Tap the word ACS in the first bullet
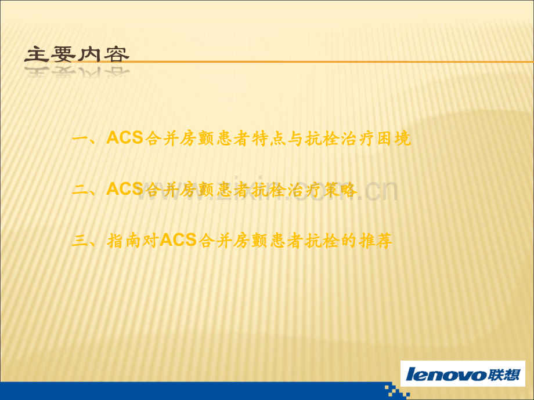pyautogui.click(x=125, y=139)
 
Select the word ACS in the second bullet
pyautogui.click(x=125, y=189)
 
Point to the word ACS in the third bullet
pyautogui.click(x=178, y=240)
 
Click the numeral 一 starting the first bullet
pyautogui.click(x=80, y=139)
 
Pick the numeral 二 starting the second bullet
pyautogui.click(x=80, y=190)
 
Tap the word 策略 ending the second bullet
pyautogui.click(x=340, y=190)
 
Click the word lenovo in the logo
pyautogui.click(x=446, y=374)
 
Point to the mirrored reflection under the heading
pyautogui.click(x=77, y=72)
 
